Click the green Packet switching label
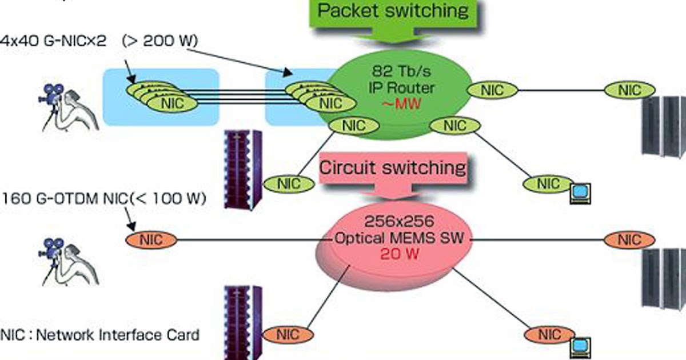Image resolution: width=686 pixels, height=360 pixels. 393,11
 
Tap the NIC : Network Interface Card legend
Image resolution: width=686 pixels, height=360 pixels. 101,335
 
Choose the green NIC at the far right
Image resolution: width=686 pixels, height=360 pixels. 629,90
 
